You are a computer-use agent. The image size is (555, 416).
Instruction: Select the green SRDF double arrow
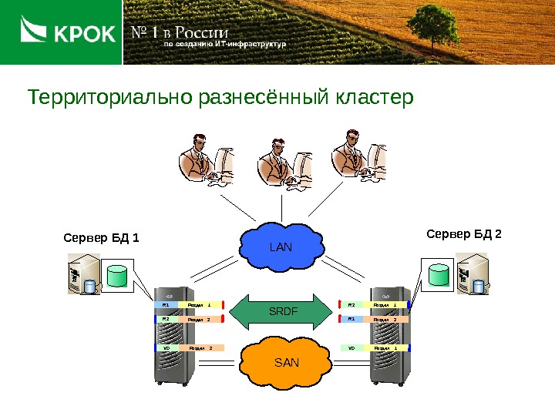[282, 310]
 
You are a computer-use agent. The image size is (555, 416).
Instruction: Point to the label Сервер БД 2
[464, 233]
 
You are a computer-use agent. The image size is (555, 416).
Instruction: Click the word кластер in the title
[375, 99]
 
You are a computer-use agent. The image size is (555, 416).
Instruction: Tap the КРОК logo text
[84, 34]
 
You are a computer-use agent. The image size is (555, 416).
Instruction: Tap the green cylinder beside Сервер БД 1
[118, 276]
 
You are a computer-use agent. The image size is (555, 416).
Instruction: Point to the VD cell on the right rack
[352, 347]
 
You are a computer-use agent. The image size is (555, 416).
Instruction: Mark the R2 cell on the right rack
[352, 304]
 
